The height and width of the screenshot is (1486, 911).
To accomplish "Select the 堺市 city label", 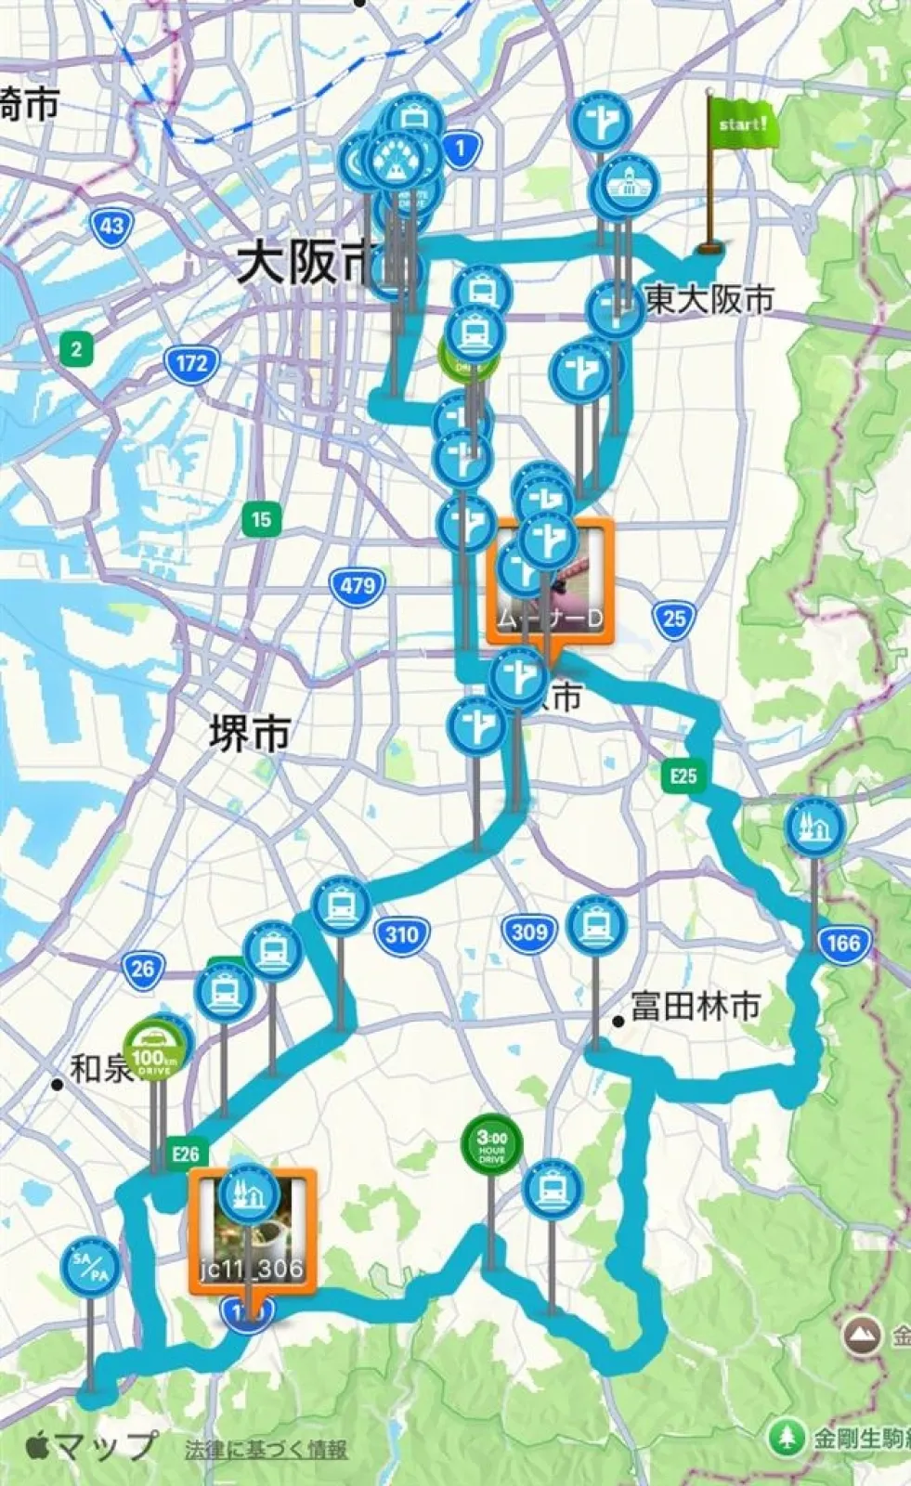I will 249,735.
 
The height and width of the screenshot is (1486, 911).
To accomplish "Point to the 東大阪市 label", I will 709,299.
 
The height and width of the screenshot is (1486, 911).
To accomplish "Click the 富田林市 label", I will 695,1006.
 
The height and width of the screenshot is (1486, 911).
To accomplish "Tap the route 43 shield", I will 111,226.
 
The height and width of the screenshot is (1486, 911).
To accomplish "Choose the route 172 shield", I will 191,362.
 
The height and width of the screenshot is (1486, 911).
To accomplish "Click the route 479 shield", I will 358,586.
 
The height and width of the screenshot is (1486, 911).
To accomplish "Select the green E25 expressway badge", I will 683,776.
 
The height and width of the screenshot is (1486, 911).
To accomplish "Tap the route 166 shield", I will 843,944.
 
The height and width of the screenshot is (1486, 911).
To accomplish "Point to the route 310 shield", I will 401,933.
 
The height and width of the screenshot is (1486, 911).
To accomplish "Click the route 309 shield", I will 529,932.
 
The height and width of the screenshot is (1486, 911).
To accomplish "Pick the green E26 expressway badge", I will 185,1154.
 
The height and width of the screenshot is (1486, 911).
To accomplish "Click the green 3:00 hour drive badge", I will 491,1143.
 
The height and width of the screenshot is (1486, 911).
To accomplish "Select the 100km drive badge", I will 154,1050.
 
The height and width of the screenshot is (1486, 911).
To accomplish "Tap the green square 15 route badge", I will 261,518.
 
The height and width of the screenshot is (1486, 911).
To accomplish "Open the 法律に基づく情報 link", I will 267,1449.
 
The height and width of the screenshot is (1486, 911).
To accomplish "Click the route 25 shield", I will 674,619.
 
